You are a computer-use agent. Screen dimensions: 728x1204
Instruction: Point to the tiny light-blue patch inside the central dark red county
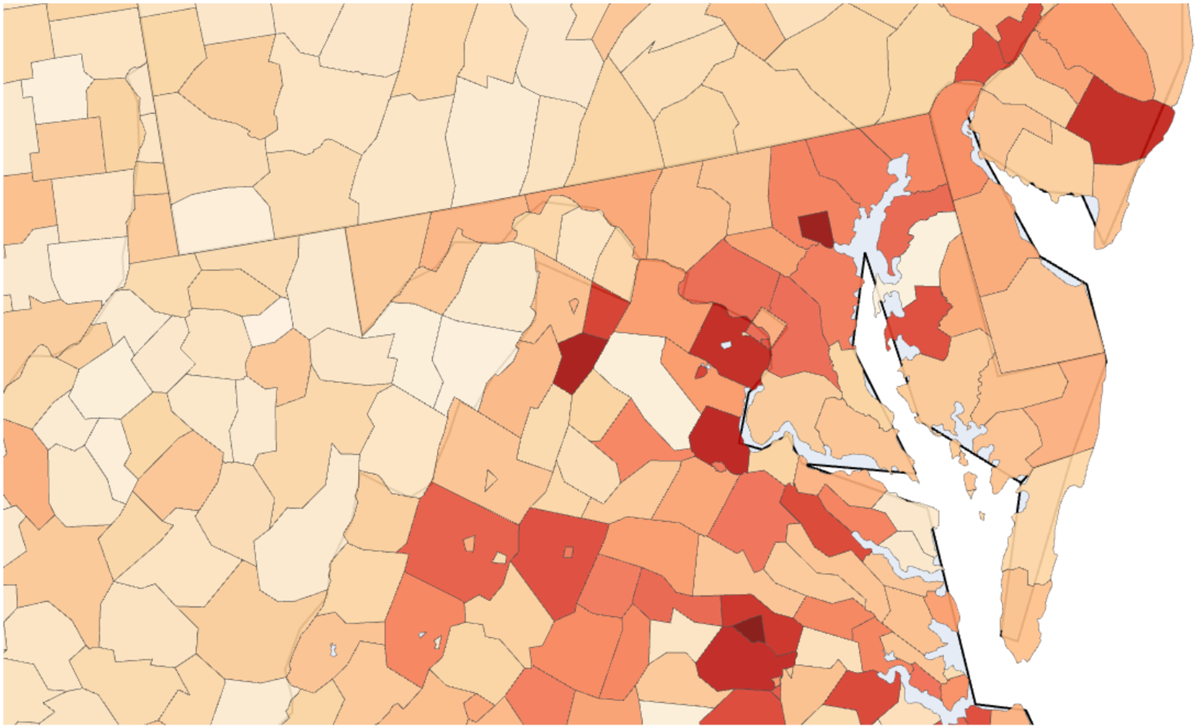point(726,346)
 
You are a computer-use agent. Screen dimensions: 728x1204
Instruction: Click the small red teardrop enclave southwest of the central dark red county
point(701,372)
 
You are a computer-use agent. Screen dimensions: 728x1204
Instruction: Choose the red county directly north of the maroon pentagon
point(604,310)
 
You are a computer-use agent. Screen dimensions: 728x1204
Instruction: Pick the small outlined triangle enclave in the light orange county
point(491,480)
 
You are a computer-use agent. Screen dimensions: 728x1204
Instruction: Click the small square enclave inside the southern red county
point(568,552)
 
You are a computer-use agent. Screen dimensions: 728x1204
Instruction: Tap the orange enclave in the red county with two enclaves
point(469,543)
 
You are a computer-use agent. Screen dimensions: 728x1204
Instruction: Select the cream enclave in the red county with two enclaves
point(499,558)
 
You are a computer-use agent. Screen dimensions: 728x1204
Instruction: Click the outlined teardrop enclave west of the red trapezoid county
point(574,305)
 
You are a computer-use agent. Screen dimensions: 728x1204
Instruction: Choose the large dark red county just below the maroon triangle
point(737,665)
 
